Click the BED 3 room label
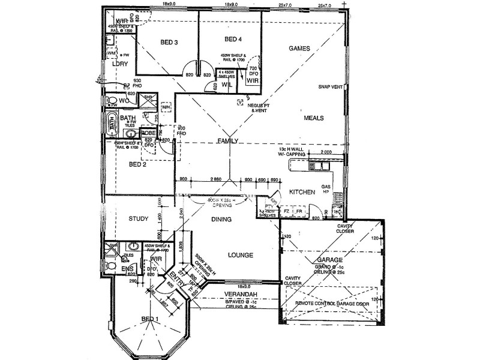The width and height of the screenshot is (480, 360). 169,43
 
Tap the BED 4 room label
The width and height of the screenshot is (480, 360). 233,40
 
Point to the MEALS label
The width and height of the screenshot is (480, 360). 314,118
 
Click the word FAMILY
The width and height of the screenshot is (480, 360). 228,141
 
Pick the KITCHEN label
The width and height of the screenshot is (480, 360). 302,192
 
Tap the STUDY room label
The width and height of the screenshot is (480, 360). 138,219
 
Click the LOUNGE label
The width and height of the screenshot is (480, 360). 240,255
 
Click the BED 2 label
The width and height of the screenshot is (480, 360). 138,164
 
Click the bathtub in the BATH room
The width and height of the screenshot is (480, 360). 110,124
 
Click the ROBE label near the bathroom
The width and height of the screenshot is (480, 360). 148,132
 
